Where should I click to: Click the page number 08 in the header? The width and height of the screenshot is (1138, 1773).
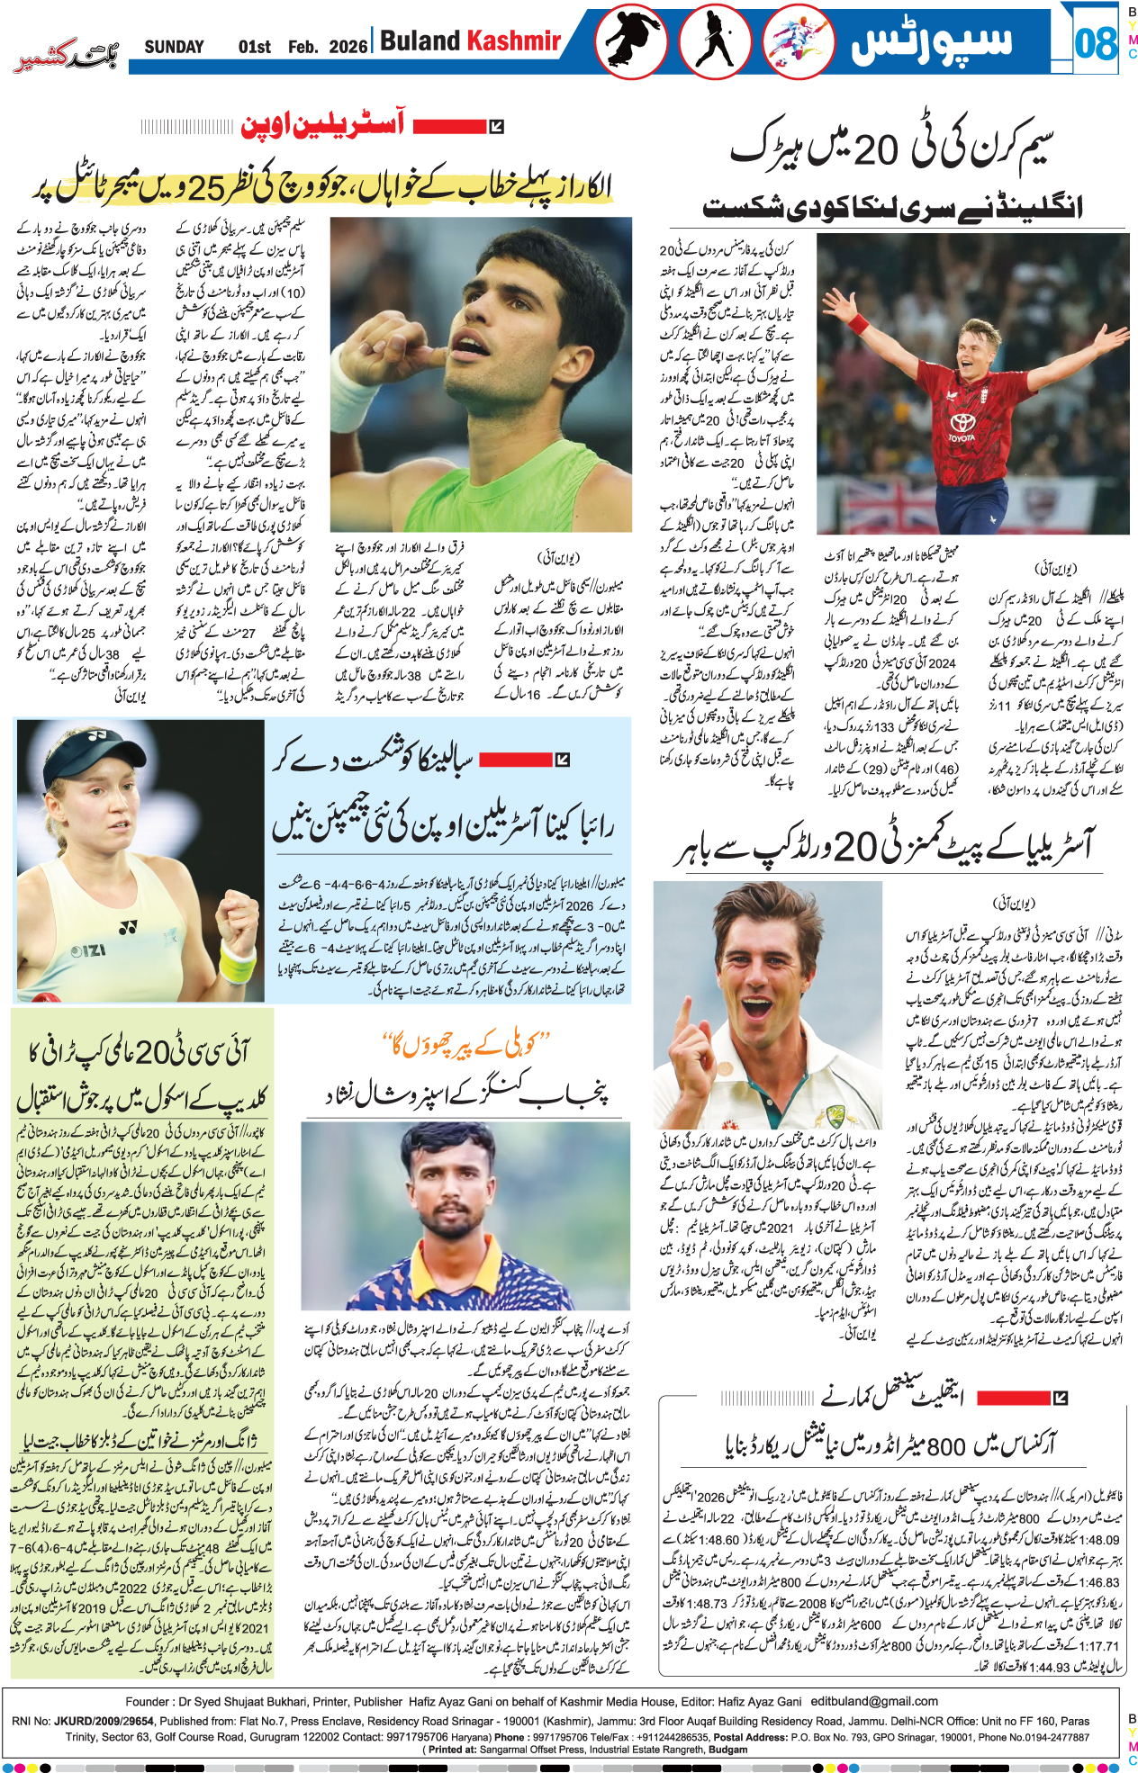[x=1095, y=43]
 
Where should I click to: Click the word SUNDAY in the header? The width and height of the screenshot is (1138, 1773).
[x=174, y=47]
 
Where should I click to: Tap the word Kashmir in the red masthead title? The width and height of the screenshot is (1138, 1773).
[x=513, y=40]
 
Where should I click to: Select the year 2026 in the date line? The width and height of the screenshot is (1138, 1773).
[x=348, y=47]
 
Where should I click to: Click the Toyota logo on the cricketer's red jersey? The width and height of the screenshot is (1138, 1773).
[x=962, y=424]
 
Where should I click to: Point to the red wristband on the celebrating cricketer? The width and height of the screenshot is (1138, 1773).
[x=857, y=323]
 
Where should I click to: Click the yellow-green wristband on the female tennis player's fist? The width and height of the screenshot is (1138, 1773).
[x=237, y=962]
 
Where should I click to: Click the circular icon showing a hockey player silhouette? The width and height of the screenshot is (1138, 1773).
[x=715, y=43]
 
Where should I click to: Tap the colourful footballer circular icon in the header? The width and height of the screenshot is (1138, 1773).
[x=798, y=43]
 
